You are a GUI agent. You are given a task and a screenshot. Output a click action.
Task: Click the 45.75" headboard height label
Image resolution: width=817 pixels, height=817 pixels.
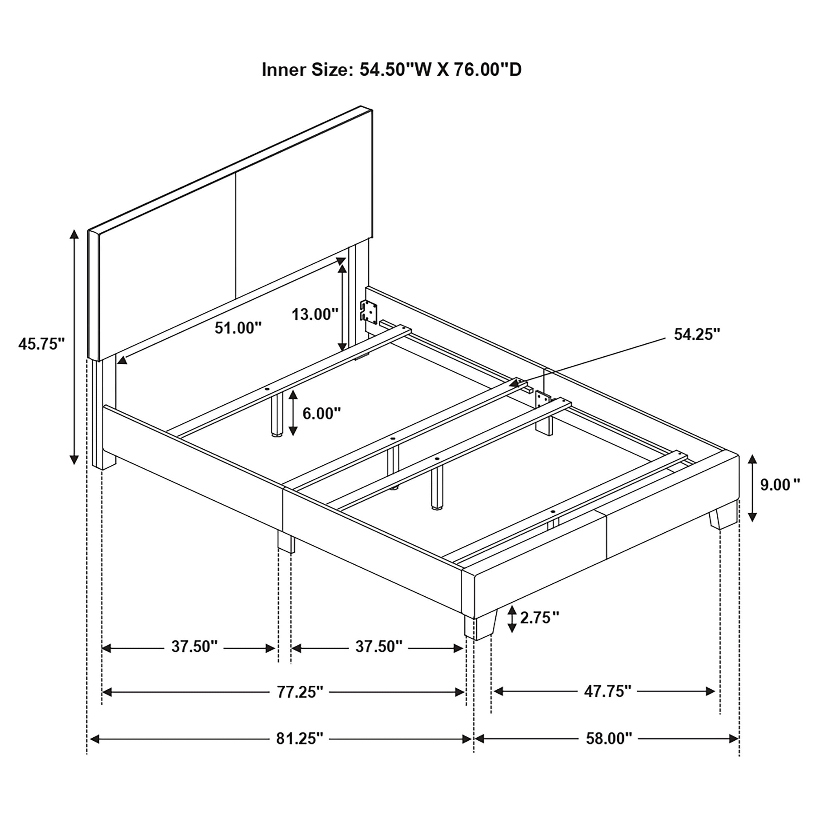(41, 344)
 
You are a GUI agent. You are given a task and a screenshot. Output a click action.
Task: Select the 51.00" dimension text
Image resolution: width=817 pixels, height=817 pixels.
(238, 328)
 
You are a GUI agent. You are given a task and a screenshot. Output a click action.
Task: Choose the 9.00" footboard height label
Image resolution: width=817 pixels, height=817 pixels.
(780, 485)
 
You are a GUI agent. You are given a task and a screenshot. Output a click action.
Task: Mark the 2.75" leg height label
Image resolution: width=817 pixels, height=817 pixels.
(540, 618)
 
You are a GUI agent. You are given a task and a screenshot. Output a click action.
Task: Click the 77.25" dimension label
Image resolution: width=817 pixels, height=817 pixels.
(300, 704)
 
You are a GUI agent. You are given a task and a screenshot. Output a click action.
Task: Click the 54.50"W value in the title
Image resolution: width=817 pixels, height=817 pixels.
(401, 70)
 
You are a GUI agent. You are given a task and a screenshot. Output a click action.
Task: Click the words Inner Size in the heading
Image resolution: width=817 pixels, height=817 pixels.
(308, 70)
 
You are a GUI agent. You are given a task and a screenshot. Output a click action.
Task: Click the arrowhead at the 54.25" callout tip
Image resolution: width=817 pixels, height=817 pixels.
(515, 384)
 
